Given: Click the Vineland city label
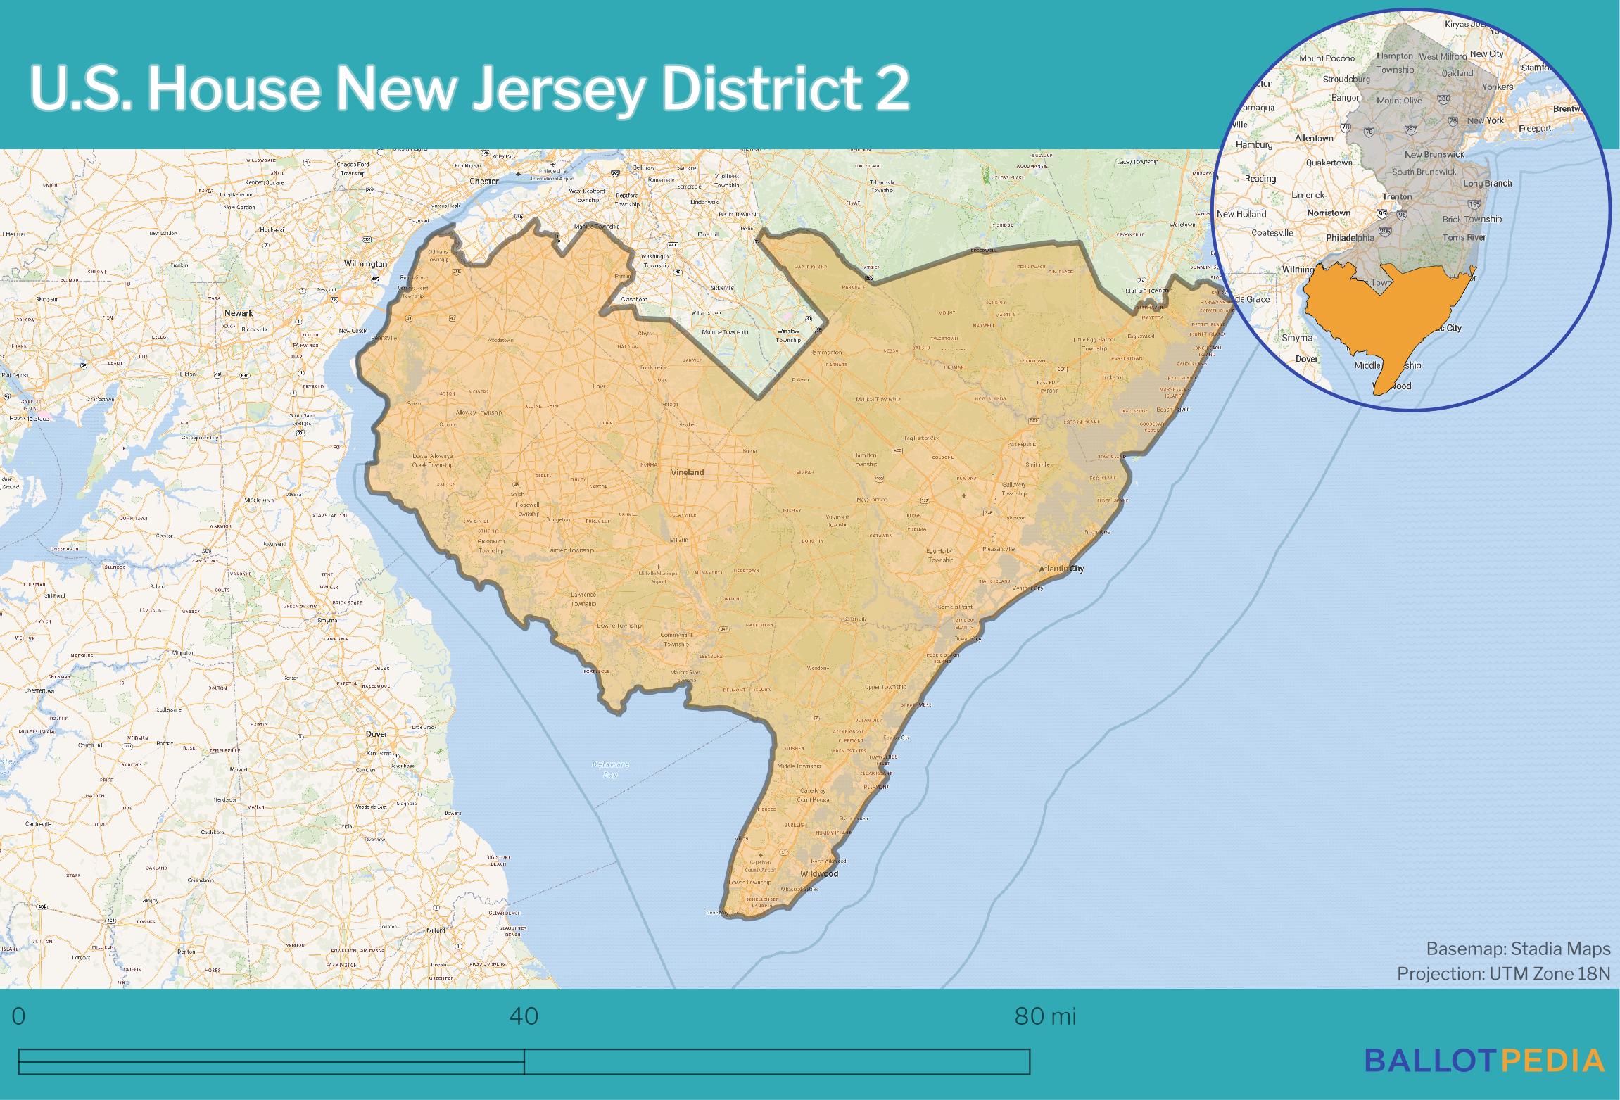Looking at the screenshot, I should tap(687, 472).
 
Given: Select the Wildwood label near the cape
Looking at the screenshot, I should tap(819, 873).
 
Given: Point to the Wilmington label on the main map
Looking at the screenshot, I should tap(365, 264).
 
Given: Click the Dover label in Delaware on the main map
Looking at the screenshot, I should tap(376, 734).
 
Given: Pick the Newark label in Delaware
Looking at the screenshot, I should tap(239, 313).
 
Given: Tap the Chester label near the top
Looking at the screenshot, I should tap(483, 182).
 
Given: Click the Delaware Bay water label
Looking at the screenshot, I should tap(610, 769).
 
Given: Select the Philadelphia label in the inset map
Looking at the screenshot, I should tap(1350, 238).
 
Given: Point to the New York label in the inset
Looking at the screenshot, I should tap(1485, 120).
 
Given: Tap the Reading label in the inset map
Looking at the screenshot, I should tap(1260, 178).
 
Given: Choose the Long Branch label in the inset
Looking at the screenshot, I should tap(1488, 184).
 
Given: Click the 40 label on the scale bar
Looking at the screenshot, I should tap(524, 1016).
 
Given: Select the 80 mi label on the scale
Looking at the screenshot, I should tap(1045, 1016).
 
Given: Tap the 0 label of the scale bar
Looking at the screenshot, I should tap(19, 1016).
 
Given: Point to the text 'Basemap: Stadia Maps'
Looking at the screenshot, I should tap(1518, 949).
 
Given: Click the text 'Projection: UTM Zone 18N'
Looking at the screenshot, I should tap(1503, 973).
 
